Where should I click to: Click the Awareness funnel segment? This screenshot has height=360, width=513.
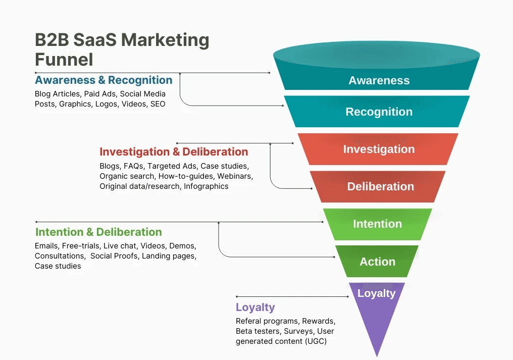379,80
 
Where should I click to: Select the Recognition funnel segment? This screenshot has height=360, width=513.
379,112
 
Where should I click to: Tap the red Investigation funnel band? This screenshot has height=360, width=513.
379,149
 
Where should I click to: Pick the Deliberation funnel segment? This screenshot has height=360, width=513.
380,186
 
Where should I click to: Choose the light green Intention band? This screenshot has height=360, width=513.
378,224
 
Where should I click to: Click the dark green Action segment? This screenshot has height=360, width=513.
377,262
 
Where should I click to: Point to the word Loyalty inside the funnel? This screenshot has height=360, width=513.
376,293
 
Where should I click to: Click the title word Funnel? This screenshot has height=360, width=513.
64,60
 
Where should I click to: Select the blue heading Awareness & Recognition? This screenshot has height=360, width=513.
104,80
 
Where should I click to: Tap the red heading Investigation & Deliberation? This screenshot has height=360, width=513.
174,152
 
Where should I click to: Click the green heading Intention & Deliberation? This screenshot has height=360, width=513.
98,232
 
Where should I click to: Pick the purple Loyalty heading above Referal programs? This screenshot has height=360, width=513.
255,307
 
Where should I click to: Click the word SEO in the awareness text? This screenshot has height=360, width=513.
158,104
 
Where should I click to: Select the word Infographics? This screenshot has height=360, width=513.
206,186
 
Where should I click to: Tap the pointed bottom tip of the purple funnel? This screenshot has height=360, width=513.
376,355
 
